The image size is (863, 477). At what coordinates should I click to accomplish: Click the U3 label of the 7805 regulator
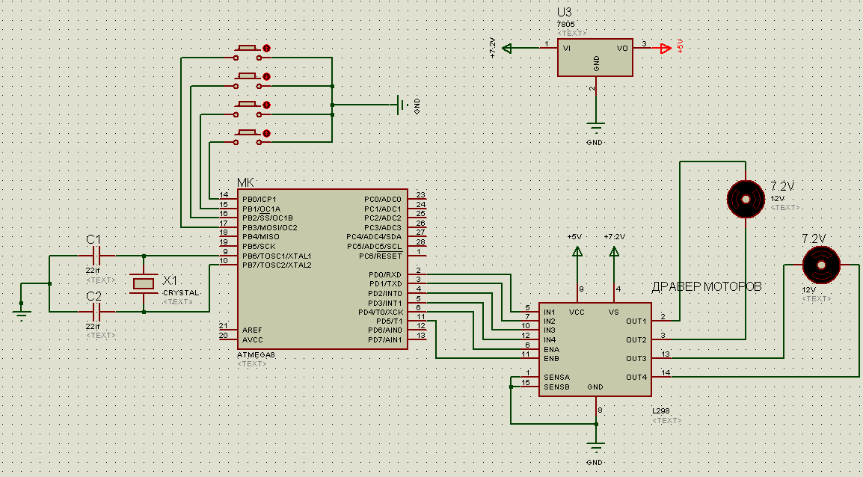(565, 13)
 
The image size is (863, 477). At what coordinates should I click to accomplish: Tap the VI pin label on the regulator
(567, 48)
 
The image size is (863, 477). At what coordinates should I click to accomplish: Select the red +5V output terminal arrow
(665, 49)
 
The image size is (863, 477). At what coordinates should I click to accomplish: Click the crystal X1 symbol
(143, 283)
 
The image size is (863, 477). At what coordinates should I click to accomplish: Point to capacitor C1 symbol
(95, 256)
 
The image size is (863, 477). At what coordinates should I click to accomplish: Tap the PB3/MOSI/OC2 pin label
(270, 227)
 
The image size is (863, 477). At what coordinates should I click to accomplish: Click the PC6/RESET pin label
(381, 256)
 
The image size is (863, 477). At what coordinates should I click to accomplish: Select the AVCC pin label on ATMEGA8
(253, 339)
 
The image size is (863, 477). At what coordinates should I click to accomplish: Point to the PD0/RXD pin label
(385, 274)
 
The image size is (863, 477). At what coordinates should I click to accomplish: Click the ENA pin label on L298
(552, 349)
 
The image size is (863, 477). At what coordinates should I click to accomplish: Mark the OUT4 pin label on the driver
(636, 377)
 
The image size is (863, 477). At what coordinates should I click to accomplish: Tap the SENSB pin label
(556, 387)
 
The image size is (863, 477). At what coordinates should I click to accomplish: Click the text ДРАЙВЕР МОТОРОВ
(707, 287)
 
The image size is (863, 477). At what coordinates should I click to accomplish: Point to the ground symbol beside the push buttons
(404, 105)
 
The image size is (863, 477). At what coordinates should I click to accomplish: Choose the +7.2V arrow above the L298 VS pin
(615, 254)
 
